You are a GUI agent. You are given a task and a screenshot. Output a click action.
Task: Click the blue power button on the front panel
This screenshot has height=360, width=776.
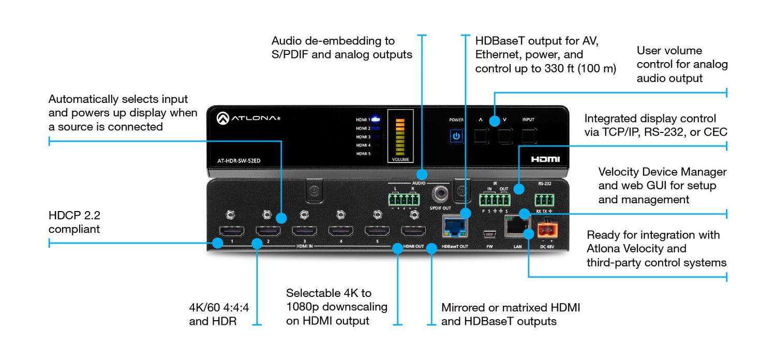click(x=456, y=137)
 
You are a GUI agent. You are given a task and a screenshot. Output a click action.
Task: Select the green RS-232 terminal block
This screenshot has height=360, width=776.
click(x=544, y=199)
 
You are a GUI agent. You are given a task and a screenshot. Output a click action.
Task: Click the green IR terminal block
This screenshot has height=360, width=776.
click(x=495, y=200)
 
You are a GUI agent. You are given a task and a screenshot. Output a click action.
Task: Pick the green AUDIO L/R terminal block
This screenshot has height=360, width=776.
click(x=404, y=200)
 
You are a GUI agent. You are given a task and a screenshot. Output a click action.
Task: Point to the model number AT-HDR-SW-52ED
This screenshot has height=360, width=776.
click(x=238, y=160)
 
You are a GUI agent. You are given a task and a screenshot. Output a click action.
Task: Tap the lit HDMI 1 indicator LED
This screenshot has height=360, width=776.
click(x=376, y=119)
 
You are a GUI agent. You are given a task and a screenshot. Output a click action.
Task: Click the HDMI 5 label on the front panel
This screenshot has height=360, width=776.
click(x=363, y=154)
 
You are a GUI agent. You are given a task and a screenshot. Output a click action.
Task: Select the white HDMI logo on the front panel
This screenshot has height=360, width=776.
click(x=545, y=159)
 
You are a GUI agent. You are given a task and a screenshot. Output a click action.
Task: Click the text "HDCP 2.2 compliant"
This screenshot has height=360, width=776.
click(x=74, y=222)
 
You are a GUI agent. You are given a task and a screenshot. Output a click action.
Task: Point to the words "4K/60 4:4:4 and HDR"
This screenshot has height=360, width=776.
click(x=219, y=314)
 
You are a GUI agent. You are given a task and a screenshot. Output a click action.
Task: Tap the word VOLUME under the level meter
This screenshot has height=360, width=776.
click(x=400, y=160)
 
